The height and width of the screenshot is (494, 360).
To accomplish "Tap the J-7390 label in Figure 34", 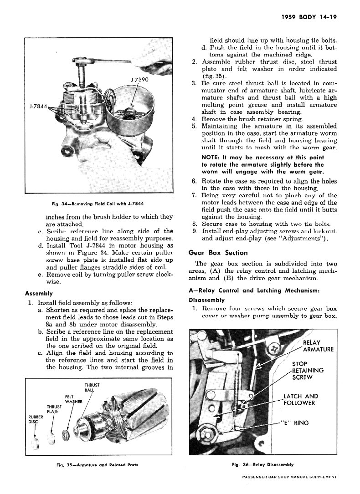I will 139,79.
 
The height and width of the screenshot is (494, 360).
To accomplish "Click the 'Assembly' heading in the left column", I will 38,294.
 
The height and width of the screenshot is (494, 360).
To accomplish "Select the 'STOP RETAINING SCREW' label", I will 308,371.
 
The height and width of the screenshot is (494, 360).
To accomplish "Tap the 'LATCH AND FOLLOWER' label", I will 301,399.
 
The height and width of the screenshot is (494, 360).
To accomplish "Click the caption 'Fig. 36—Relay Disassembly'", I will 262,465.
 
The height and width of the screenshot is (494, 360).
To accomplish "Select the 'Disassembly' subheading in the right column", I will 206,300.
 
